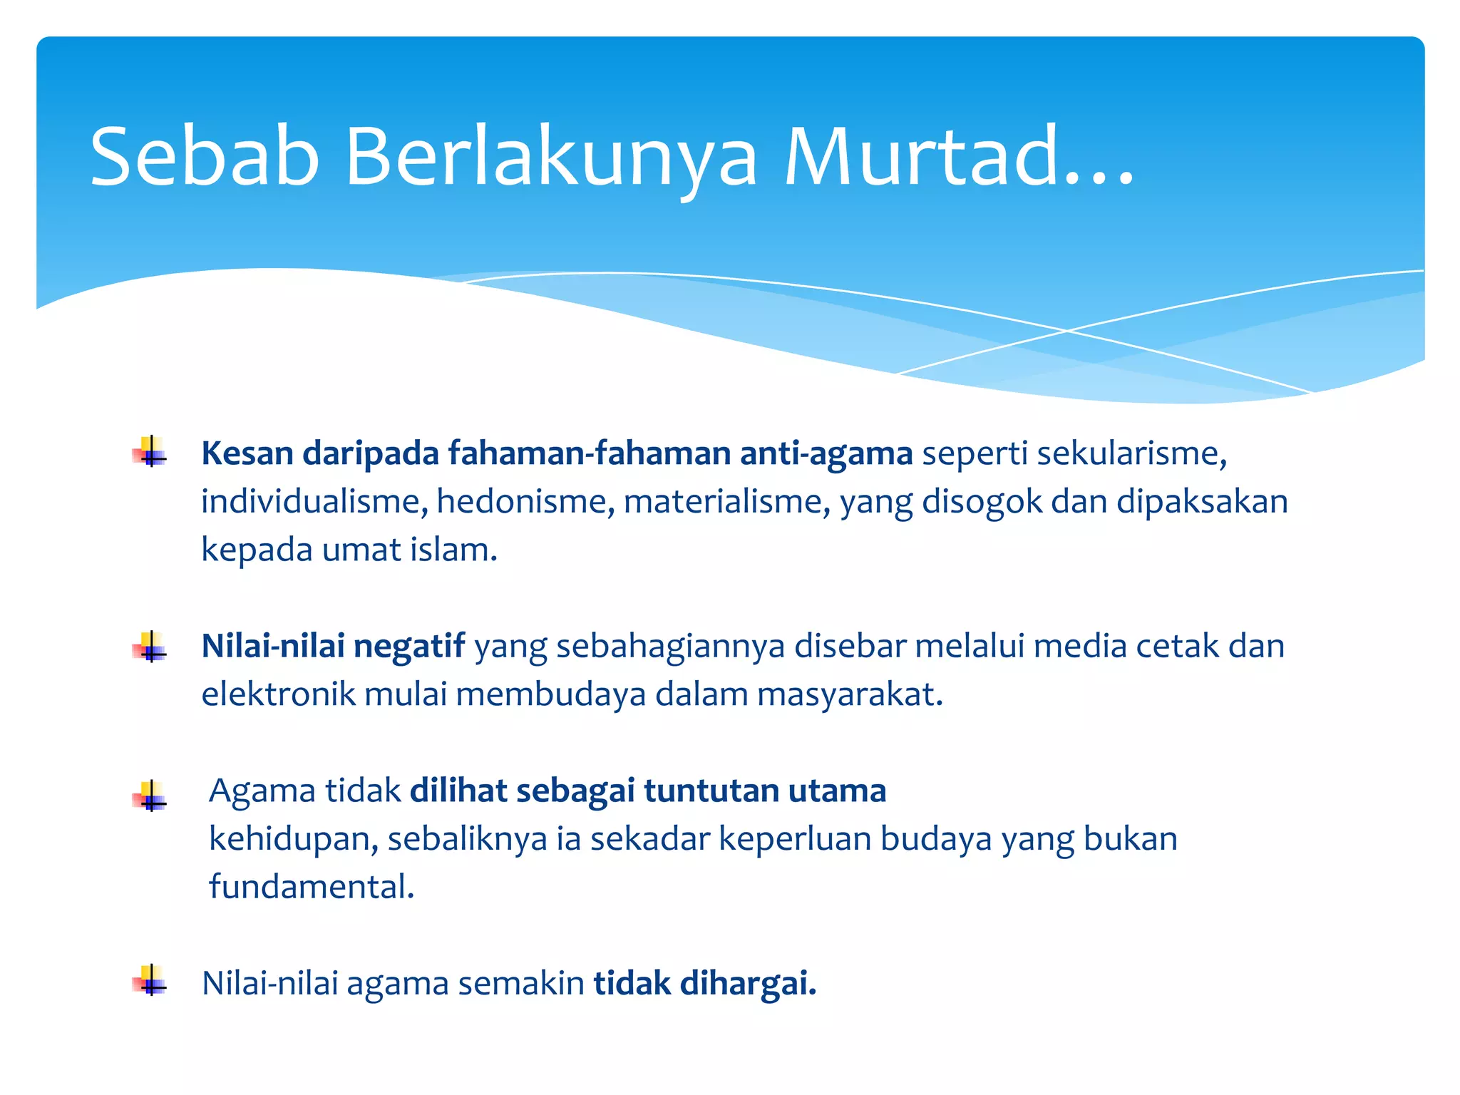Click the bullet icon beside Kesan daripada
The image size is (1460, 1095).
coord(150,452)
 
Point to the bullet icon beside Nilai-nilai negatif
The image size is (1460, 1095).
coord(150,647)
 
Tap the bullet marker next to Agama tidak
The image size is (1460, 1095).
coord(150,796)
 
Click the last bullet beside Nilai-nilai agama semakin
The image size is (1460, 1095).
coord(150,980)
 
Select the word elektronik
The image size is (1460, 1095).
coord(278,694)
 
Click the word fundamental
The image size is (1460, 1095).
coord(311,887)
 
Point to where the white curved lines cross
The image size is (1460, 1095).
coord(1067,331)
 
